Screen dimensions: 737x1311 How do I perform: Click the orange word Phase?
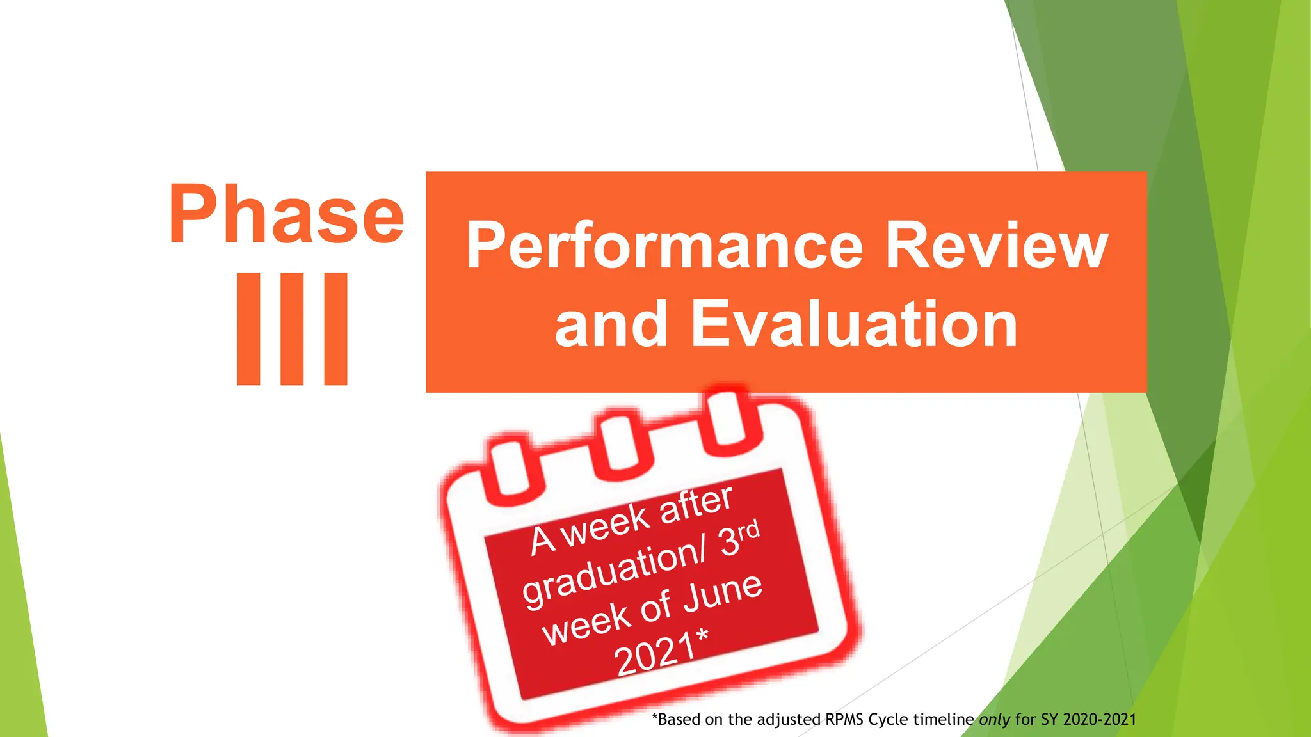[x=286, y=214]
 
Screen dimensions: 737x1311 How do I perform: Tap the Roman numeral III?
[x=292, y=329]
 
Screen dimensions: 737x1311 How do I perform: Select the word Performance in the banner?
[x=664, y=246]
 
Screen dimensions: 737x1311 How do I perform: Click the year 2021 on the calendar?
[x=654, y=654]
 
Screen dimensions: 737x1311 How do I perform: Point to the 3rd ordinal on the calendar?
[x=739, y=537]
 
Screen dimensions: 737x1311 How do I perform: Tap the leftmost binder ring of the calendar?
[x=510, y=465]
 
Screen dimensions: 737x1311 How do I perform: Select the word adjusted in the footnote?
[x=789, y=720]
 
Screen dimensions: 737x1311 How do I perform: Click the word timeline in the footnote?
[x=943, y=720]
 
